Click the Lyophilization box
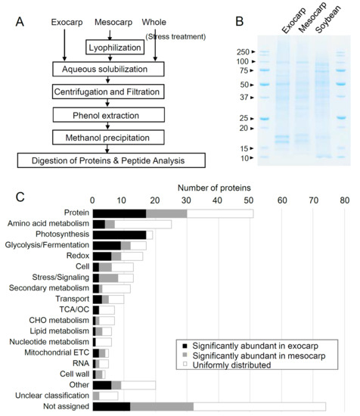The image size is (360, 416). point(115,48)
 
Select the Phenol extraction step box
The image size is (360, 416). point(109,115)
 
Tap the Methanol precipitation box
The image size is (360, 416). point(108,138)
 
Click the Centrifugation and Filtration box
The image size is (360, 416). point(108,92)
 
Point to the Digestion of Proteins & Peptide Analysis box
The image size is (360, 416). point(111,160)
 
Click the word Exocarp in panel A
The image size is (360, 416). point(67,22)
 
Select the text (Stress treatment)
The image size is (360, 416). point(175,36)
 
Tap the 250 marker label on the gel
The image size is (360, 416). point(243,52)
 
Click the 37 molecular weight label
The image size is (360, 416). point(244,98)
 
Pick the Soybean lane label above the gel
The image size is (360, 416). point(328,20)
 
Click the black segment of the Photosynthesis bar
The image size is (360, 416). point(119,234)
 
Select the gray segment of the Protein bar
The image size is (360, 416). point(166,213)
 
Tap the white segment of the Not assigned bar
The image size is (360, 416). point(259,407)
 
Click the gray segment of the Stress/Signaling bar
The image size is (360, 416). point(108,278)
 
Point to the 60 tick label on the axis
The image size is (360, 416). point(282,200)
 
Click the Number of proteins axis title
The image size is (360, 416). point(214,188)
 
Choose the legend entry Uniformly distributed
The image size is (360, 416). point(231,365)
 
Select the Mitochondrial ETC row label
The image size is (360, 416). point(57,352)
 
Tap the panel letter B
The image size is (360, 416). point(240,21)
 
